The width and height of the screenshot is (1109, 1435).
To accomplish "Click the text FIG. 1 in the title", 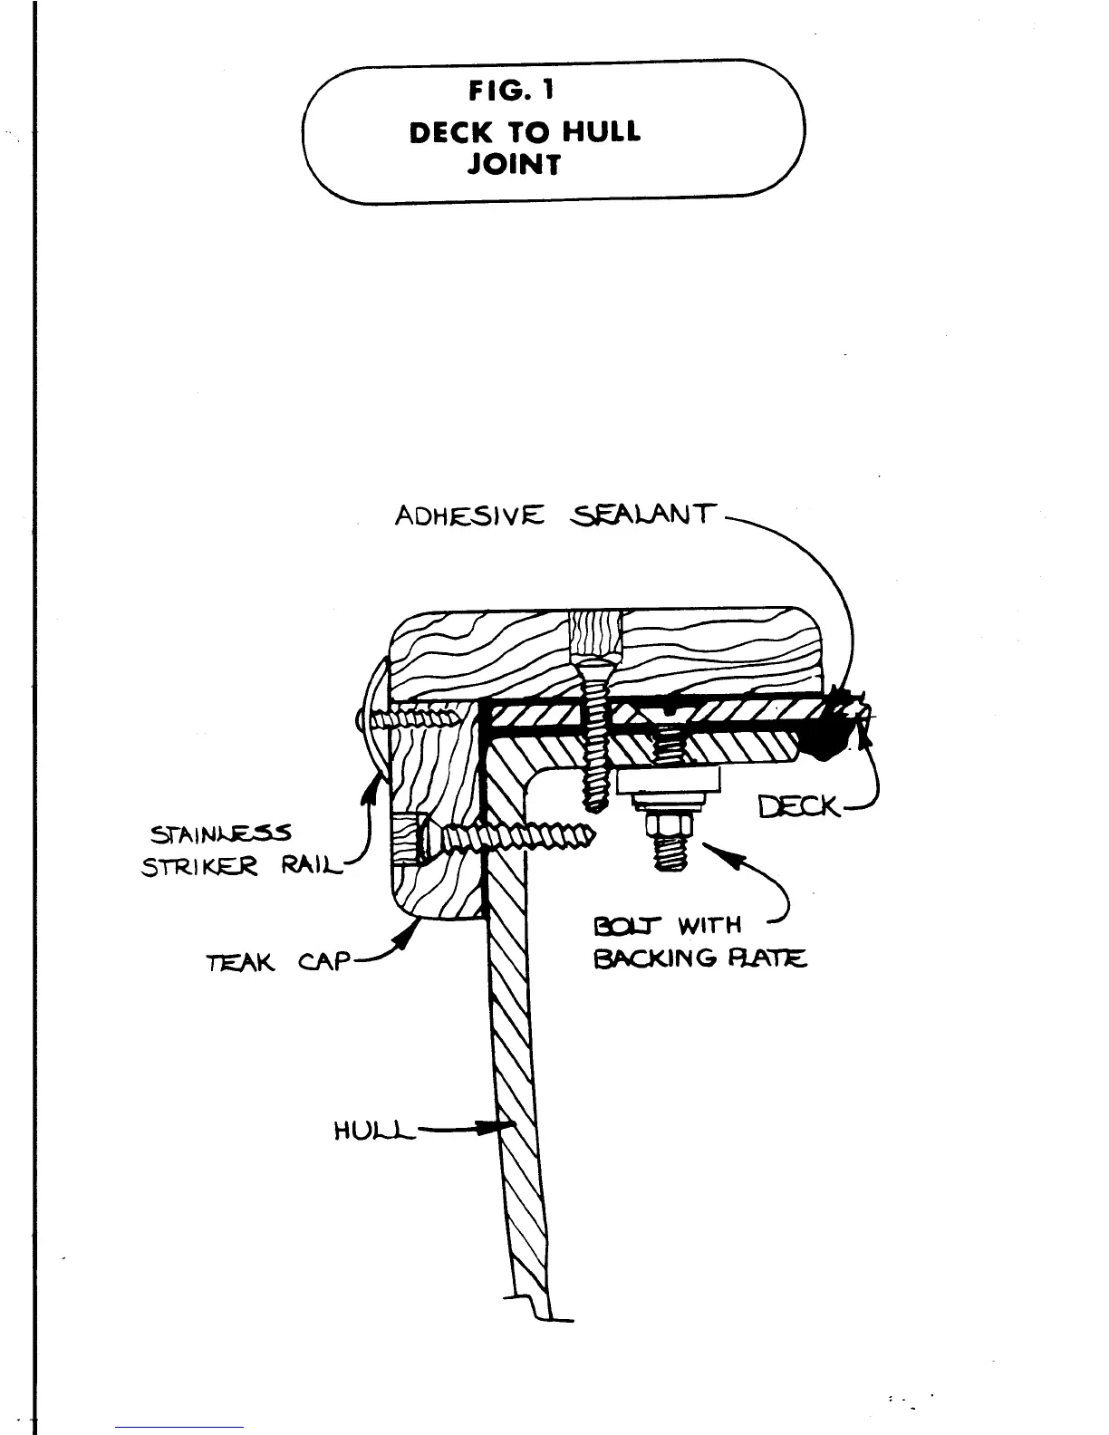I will (512, 91).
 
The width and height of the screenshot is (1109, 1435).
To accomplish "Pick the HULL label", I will (373, 1132).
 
